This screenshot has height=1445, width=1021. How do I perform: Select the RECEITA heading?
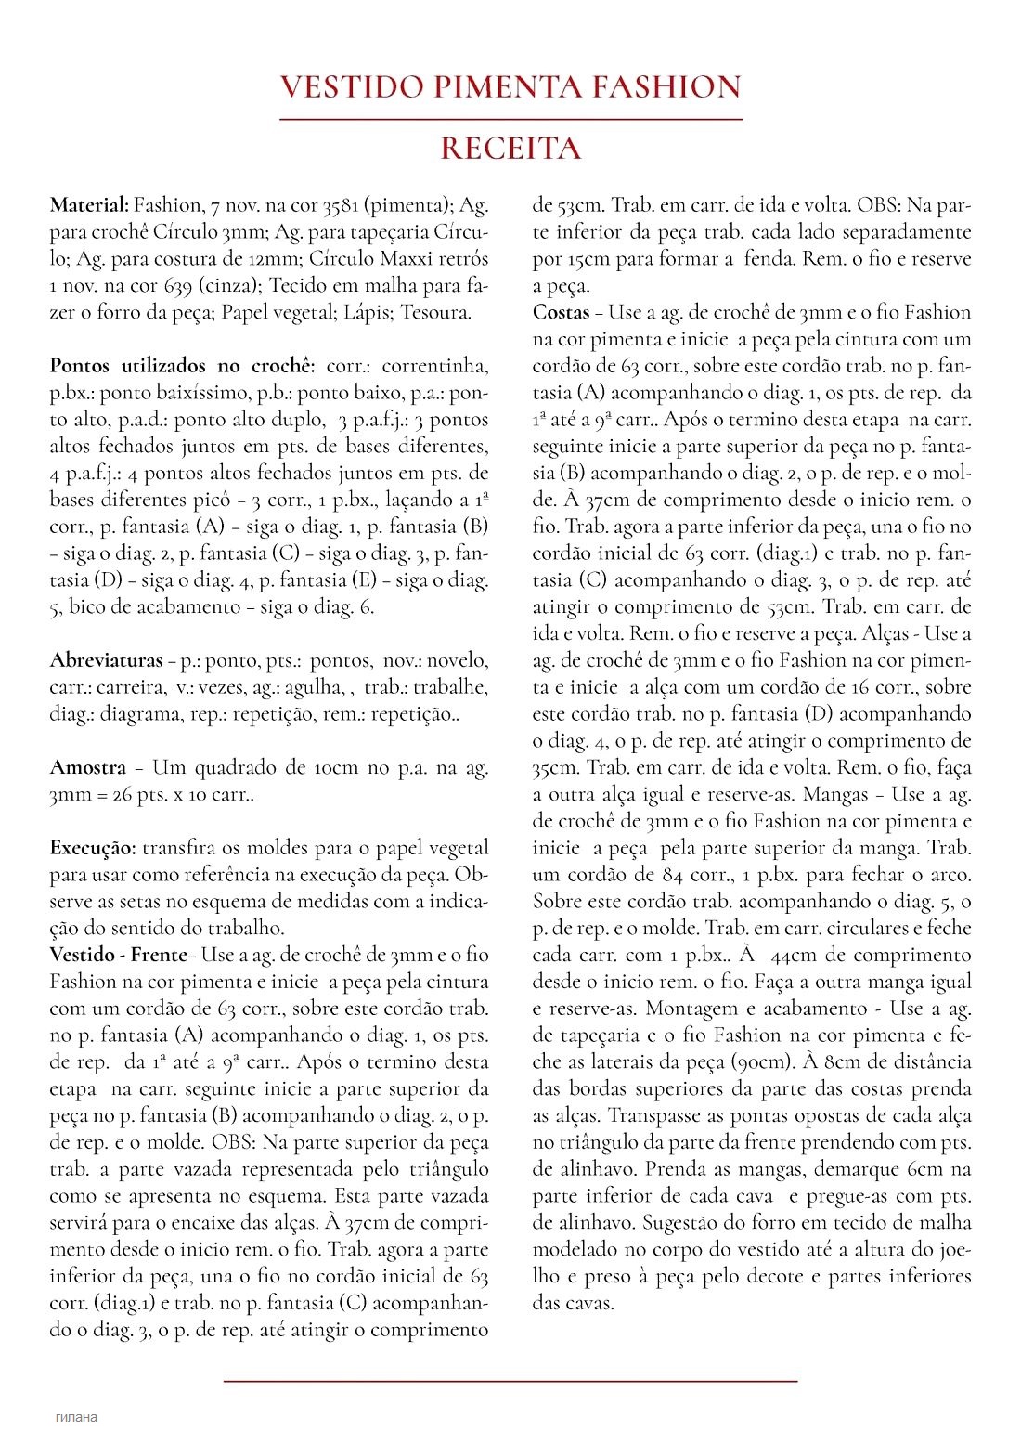[510, 149]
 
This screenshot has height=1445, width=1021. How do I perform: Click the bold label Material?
[89, 205]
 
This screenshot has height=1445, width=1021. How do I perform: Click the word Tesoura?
[435, 312]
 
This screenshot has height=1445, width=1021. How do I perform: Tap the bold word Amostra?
[87, 767]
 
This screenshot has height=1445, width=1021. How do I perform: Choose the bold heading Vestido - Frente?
[118, 955]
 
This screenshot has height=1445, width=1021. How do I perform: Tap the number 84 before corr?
[673, 874]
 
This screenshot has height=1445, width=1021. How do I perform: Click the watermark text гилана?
[76, 1417]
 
